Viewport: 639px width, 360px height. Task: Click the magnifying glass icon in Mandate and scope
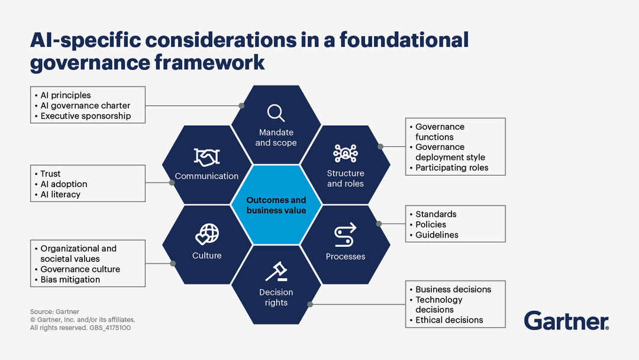click(276, 112)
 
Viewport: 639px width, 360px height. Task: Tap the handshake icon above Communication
click(206, 156)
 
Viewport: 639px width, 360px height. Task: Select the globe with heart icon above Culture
click(206, 234)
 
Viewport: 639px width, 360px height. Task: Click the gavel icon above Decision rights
click(276, 271)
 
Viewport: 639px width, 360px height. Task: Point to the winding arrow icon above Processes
click(345, 234)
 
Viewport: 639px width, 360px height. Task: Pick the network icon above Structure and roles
click(346, 153)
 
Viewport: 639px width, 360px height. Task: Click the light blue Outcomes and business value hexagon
click(276, 205)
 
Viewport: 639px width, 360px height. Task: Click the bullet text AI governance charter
click(82, 105)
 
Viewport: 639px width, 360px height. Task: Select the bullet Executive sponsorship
click(85, 116)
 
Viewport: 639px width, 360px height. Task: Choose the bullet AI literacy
click(60, 194)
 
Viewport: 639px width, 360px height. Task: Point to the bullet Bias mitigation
click(70, 279)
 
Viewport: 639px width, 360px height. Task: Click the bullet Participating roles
click(451, 168)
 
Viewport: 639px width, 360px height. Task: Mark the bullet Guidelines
click(437, 234)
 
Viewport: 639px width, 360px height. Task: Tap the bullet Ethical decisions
click(449, 320)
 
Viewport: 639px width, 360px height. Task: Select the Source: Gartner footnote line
click(54, 311)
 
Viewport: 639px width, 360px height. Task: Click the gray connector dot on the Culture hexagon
click(172, 263)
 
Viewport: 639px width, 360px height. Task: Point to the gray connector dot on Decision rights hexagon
click(310, 304)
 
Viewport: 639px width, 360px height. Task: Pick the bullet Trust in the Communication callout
click(50, 174)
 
